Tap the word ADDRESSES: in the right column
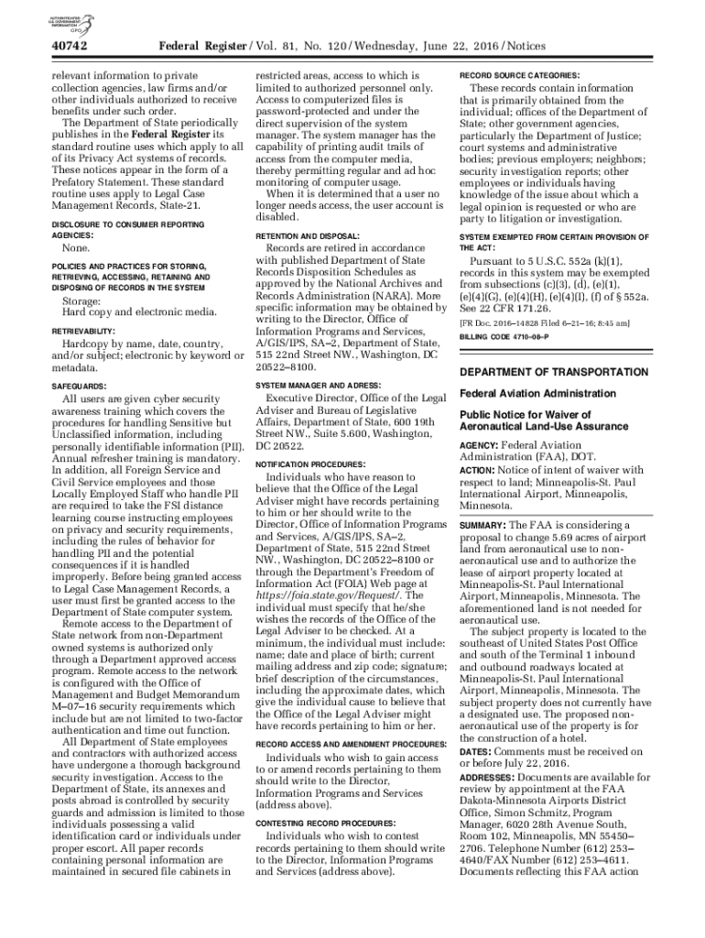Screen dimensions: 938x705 (x=489, y=777)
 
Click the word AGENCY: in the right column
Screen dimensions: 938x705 (x=481, y=445)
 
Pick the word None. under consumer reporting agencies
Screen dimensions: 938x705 (x=76, y=249)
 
